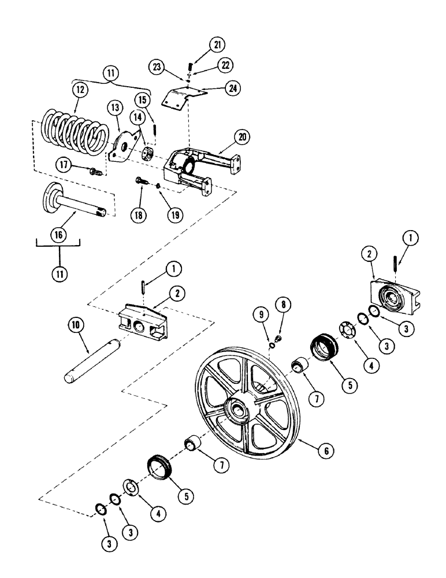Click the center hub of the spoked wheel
238,412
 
